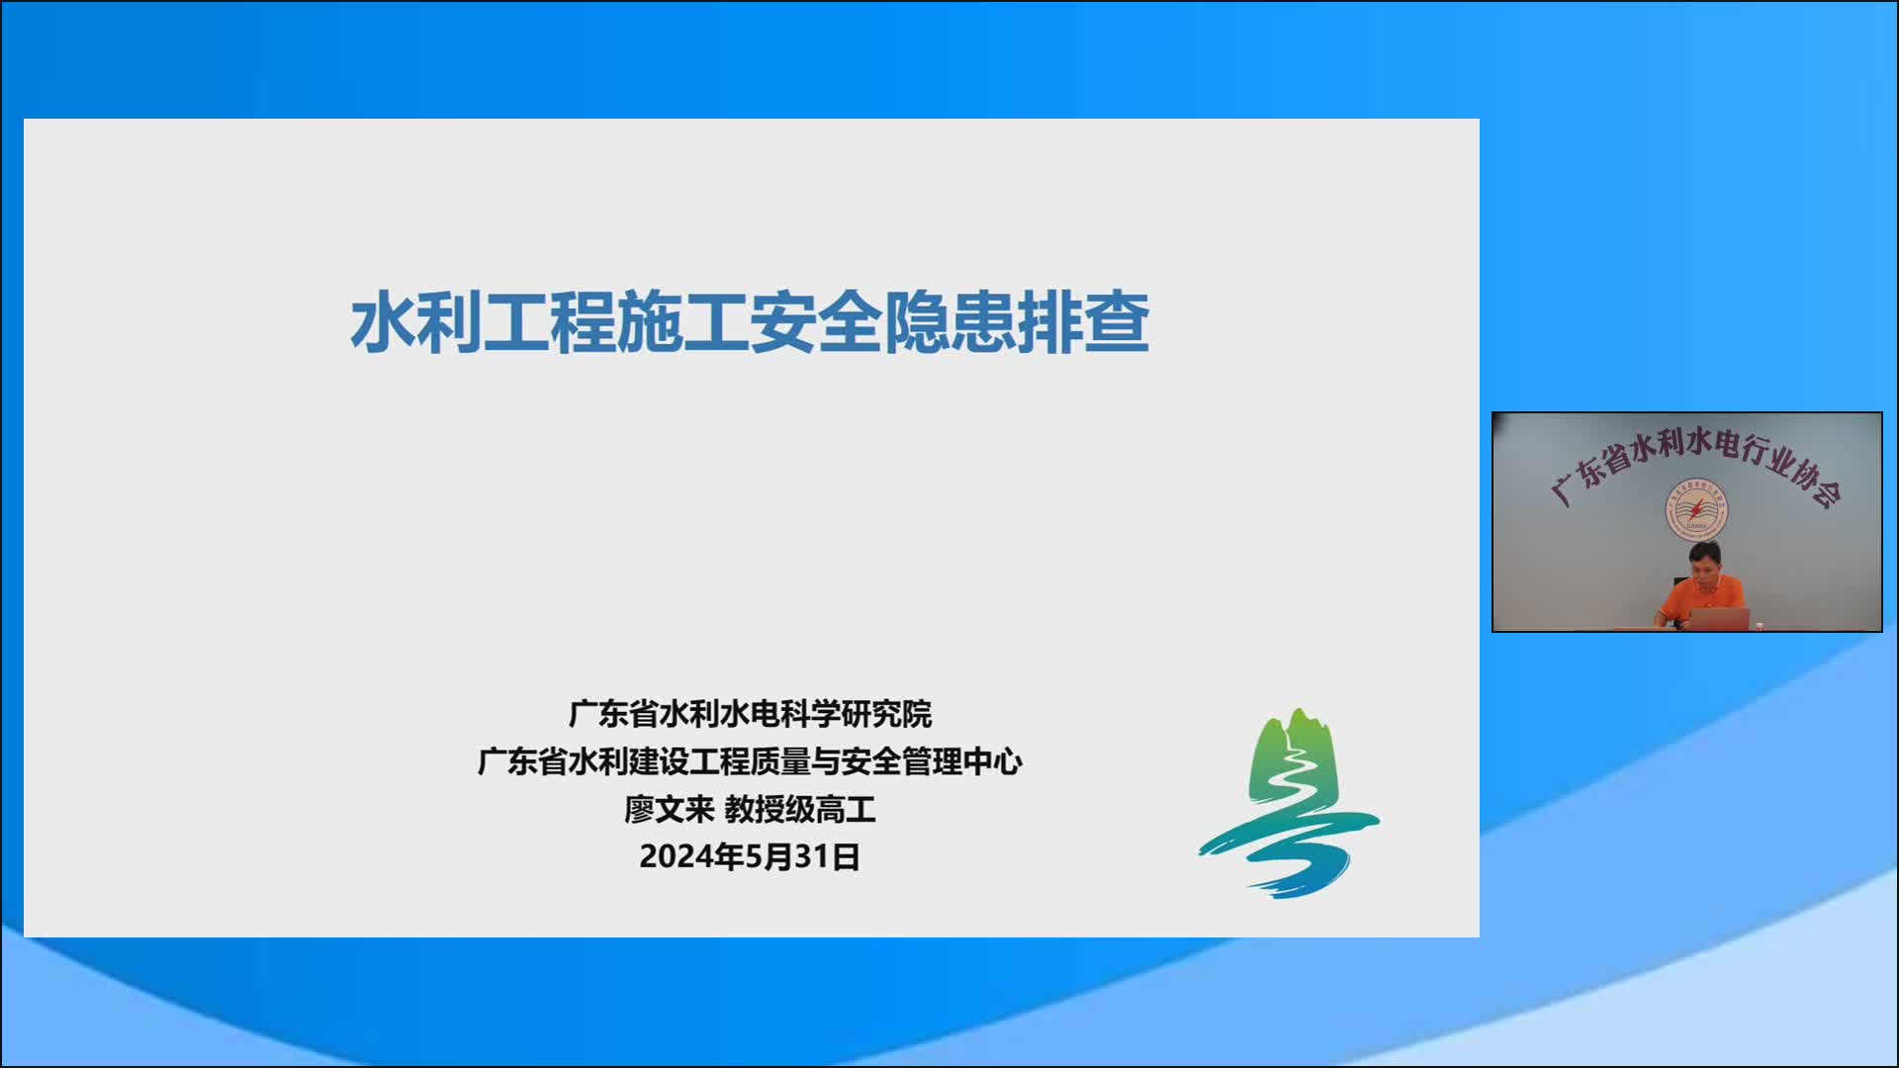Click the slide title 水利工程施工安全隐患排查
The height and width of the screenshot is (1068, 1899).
point(750,321)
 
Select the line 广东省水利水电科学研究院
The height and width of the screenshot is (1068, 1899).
point(750,714)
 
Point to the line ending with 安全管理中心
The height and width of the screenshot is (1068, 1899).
point(750,761)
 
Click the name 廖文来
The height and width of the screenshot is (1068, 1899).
point(669,809)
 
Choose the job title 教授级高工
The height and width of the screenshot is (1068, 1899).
point(800,809)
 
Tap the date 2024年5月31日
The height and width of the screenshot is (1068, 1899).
point(750,856)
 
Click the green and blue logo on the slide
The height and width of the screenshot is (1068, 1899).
point(1289,803)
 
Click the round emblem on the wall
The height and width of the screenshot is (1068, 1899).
point(1696,509)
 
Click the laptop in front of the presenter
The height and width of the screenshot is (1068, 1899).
point(1719,619)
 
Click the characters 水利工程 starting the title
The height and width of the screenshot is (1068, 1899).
point(483,321)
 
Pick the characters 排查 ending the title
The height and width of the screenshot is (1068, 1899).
point(1084,321)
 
